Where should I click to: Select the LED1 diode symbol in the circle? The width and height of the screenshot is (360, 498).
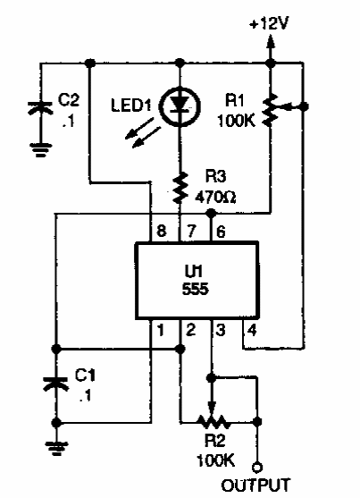(x=180, y=106)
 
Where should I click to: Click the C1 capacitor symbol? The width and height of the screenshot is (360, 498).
(x=54, y=384)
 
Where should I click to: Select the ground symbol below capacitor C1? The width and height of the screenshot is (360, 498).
(x=54, y=444)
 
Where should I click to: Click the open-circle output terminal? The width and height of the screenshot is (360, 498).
(x=257, y=467)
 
